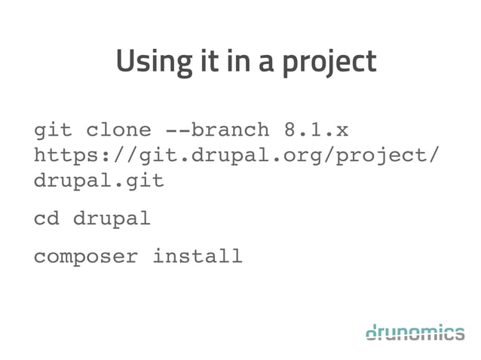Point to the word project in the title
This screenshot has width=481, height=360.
coord(332,63)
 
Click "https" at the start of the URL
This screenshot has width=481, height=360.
coord(66,156)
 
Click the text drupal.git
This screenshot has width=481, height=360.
coord(99,182)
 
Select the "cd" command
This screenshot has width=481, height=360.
coord(47,219)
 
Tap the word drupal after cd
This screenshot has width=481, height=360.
coord(112,219)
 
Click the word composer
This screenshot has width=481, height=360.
coord(86,258)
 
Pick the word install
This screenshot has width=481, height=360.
coord(198,257)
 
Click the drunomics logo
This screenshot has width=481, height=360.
coord(415,331)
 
